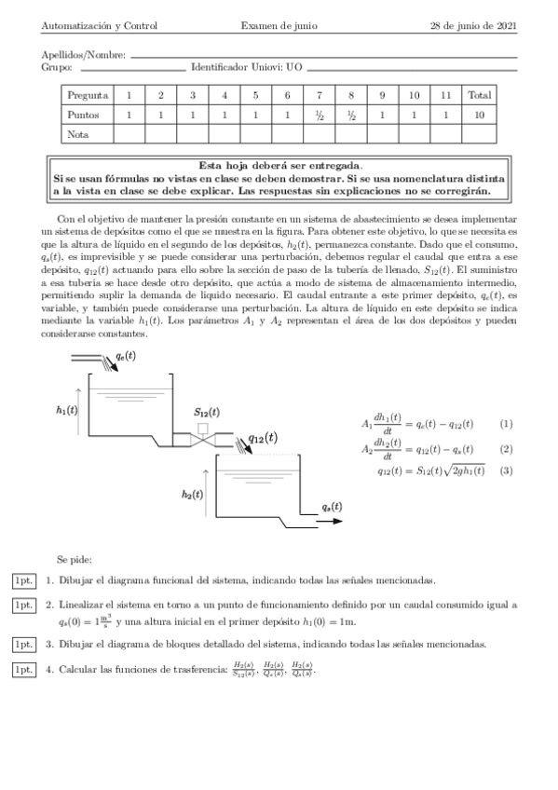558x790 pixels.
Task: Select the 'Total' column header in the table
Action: pyautogui.click(x=480, y=95)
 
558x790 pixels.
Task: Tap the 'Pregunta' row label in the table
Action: pyautogui.click(x=88, y=95)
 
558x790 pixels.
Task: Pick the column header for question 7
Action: pyautogui.click(x=319, y=95)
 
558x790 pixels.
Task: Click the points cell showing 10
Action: pyautogui.click(x=480, y=115)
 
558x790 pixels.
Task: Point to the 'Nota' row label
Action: pyautogui.click(x=78, y=134)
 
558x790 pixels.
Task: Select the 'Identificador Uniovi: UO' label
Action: pyautogui.click(x=246, y=68)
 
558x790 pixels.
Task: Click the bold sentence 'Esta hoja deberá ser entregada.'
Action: pyautogui.click(x=279, y=164)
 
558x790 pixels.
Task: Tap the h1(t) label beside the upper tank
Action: pyautogui.click(x=66, y=408)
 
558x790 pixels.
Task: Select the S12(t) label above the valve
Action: pyautogui.click(x=206, y=411)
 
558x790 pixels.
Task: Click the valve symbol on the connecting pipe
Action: pyautogui.click(x=202, y=434)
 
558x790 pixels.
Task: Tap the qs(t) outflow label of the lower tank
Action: pyautogui.click(x=331, y=506)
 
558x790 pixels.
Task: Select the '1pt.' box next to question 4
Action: pyautogui.click(x=23, y=669)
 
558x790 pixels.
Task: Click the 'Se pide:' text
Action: pyautogui.click(x=74, y=559)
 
